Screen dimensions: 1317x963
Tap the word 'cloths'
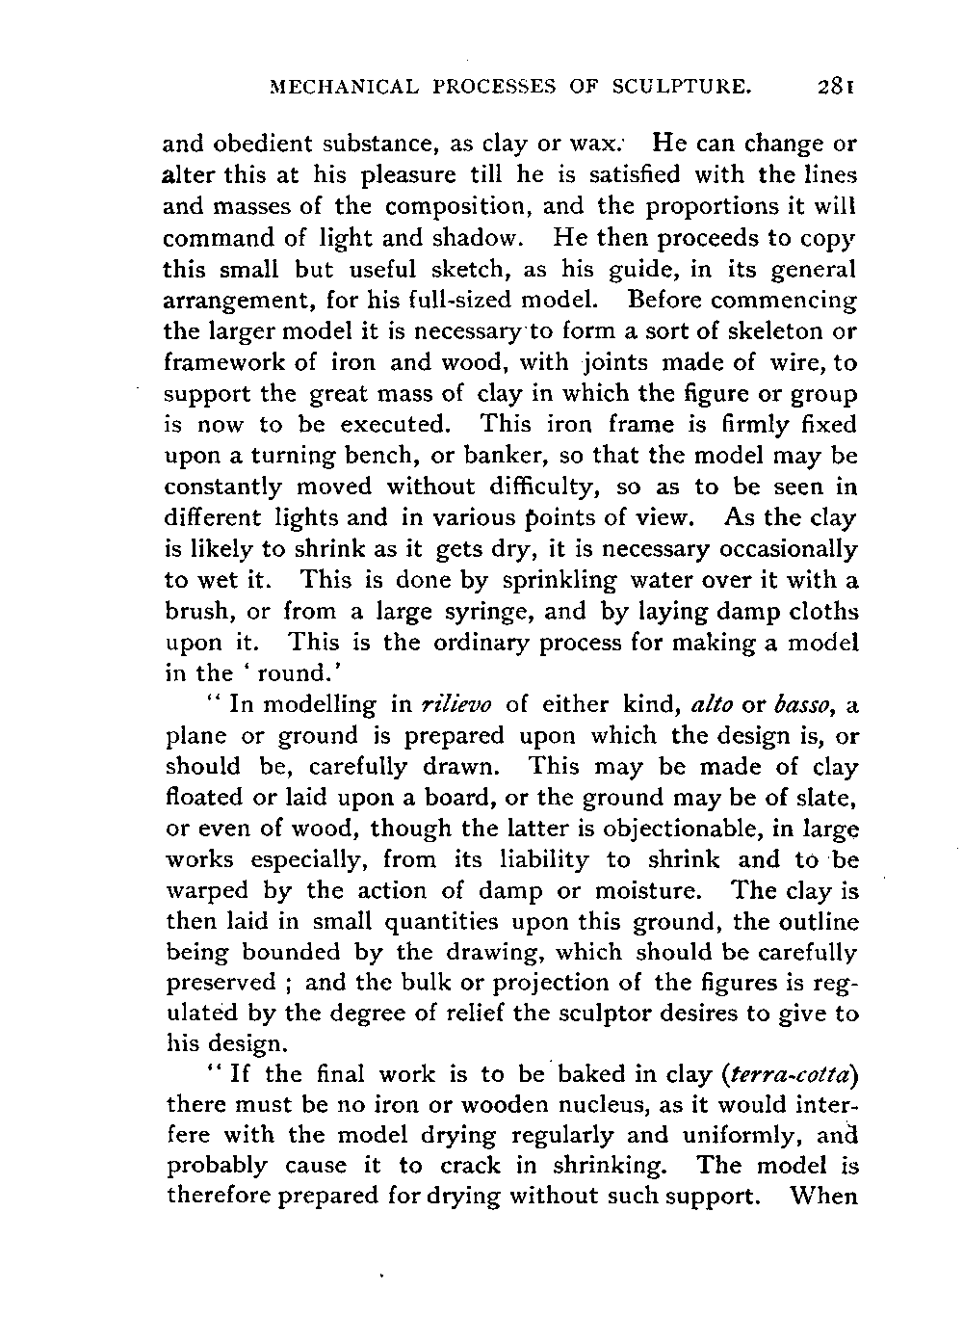point(819,612)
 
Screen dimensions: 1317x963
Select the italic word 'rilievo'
point(455,705)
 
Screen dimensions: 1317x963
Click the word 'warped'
point(206,891)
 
